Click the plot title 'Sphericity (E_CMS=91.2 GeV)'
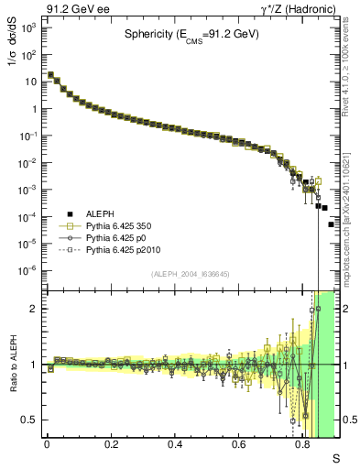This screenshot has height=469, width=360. coord(191,35)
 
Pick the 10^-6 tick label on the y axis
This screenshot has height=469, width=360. coord(29,270)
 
